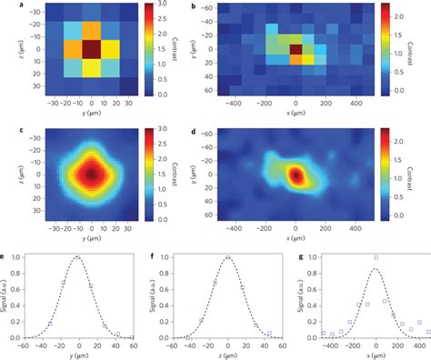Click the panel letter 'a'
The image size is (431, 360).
click(x=5, y=6)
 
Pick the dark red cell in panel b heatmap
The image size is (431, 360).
click(x=296, y=48)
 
